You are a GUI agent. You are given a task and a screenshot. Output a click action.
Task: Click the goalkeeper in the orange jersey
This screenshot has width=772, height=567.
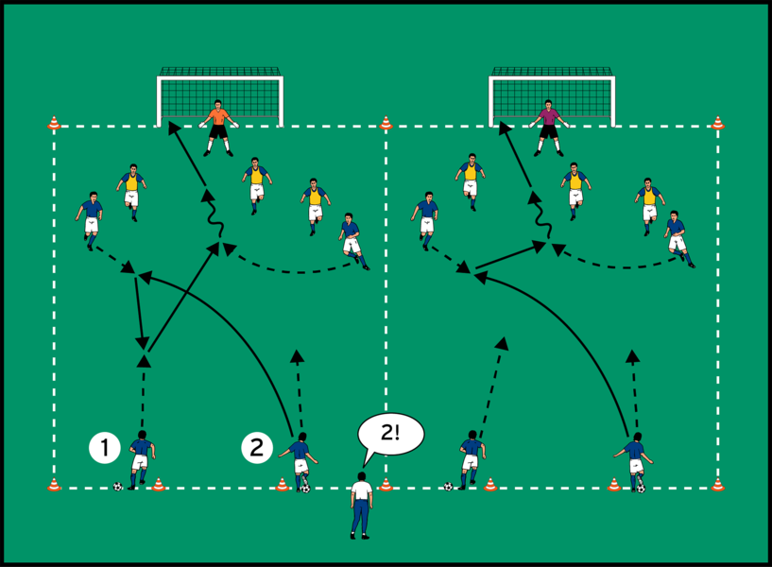[219, 127]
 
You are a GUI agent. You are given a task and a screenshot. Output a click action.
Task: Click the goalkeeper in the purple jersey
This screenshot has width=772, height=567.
[549, 127]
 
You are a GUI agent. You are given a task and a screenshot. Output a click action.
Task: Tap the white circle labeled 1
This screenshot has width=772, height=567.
[104, 447]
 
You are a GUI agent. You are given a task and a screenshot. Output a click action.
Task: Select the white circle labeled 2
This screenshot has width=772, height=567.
[257, 447]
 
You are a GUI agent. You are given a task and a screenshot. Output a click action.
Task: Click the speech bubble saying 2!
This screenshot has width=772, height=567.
[390, 436]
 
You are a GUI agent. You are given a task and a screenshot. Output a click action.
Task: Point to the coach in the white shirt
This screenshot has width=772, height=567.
[361, 505]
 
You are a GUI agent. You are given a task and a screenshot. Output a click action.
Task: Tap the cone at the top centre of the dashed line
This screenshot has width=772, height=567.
[386, 123]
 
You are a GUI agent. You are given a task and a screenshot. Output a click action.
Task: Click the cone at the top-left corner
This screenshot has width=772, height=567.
[54, 123]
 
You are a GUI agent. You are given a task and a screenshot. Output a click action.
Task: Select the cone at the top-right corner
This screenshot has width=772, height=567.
[717, 123]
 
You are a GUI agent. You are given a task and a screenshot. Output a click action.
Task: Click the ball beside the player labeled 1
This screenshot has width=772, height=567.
[117, 487]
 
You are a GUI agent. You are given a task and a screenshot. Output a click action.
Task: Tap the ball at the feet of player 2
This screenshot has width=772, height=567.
[305, 489]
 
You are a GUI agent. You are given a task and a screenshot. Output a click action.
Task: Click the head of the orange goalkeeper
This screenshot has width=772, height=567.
[219, 105]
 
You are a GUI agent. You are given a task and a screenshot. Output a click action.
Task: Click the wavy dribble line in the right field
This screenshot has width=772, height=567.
[540, 217]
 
